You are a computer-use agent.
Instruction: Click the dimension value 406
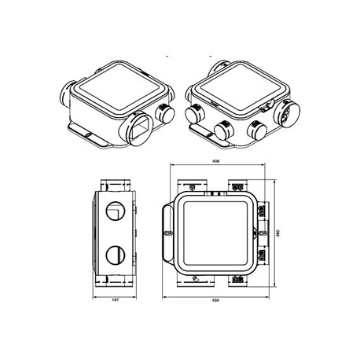click(215, 161)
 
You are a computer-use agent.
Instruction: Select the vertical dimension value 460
click(278, 233)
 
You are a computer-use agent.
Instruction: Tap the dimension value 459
click(215, 300)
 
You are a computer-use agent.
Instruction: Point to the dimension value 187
click(115, 299)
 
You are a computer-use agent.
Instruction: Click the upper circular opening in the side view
click(115, 211)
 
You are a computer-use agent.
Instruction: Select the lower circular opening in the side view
click(116, 255)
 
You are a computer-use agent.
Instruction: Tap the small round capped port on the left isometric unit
click(165, 113)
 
